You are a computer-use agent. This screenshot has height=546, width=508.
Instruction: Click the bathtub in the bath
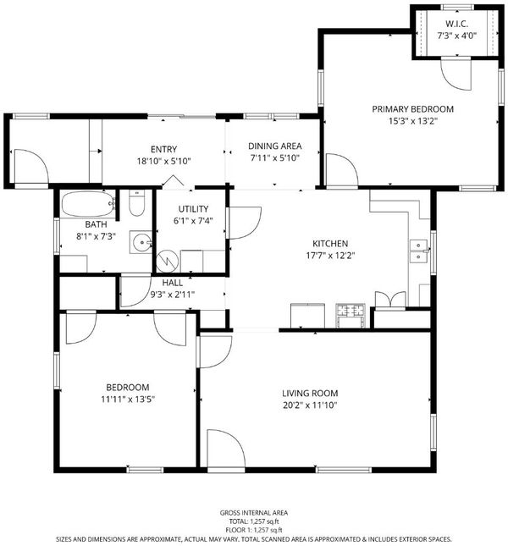[x=88, y=204]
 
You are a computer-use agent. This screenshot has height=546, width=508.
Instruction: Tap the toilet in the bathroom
[x=136, y=203]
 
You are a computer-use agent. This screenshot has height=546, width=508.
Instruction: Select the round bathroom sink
[x=141, y=242]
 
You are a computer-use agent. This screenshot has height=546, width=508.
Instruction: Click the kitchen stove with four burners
[x=351, y=316]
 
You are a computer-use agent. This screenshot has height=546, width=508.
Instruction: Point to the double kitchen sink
[x=418, y=251]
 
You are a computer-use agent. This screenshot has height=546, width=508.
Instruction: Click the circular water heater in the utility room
[x=167, y=262]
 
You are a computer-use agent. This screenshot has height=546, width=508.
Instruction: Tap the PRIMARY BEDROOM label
[x=412, y=109]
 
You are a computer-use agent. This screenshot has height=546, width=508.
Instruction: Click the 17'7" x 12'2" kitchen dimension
[x=330, y=256]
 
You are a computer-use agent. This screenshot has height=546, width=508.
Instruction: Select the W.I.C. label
[x=456, y=24]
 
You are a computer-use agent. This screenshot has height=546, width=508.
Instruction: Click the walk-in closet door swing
[x=456, y=74]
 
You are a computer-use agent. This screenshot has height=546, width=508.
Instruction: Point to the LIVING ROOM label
[x=310, y=393]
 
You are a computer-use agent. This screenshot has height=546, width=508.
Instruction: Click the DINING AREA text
[x=274, y=146]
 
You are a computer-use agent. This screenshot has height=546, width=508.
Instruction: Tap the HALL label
[x=173, y=283]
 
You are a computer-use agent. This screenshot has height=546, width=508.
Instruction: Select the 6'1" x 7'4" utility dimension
[x=193, y=220]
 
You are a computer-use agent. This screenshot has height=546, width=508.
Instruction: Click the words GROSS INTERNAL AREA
[x=254, y=513]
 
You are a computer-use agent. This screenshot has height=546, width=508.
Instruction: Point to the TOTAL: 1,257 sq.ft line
[x=254, y=521]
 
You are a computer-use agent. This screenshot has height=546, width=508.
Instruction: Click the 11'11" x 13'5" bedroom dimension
[x=128, y=399]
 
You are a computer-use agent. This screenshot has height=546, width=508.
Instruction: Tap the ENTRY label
[x=163, y=149]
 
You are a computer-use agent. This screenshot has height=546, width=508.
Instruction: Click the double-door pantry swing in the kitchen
[x=390, y=301]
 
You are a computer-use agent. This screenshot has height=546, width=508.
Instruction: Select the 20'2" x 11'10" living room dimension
[x=310, y=405]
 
